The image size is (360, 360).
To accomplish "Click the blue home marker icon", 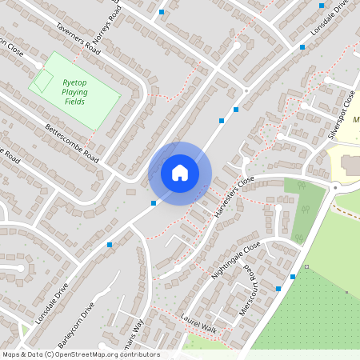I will point(180,173).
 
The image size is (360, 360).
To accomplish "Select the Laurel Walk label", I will point(198,323).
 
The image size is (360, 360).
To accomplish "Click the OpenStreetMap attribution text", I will point(81,354).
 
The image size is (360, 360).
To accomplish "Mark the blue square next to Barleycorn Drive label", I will point(110,244).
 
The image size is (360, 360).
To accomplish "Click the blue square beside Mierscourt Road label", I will point(278,288).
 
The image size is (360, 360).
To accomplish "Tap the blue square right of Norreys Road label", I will point(162,12).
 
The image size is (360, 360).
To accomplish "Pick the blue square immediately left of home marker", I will point(154,203).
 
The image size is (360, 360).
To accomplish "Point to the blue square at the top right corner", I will point(322,6).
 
